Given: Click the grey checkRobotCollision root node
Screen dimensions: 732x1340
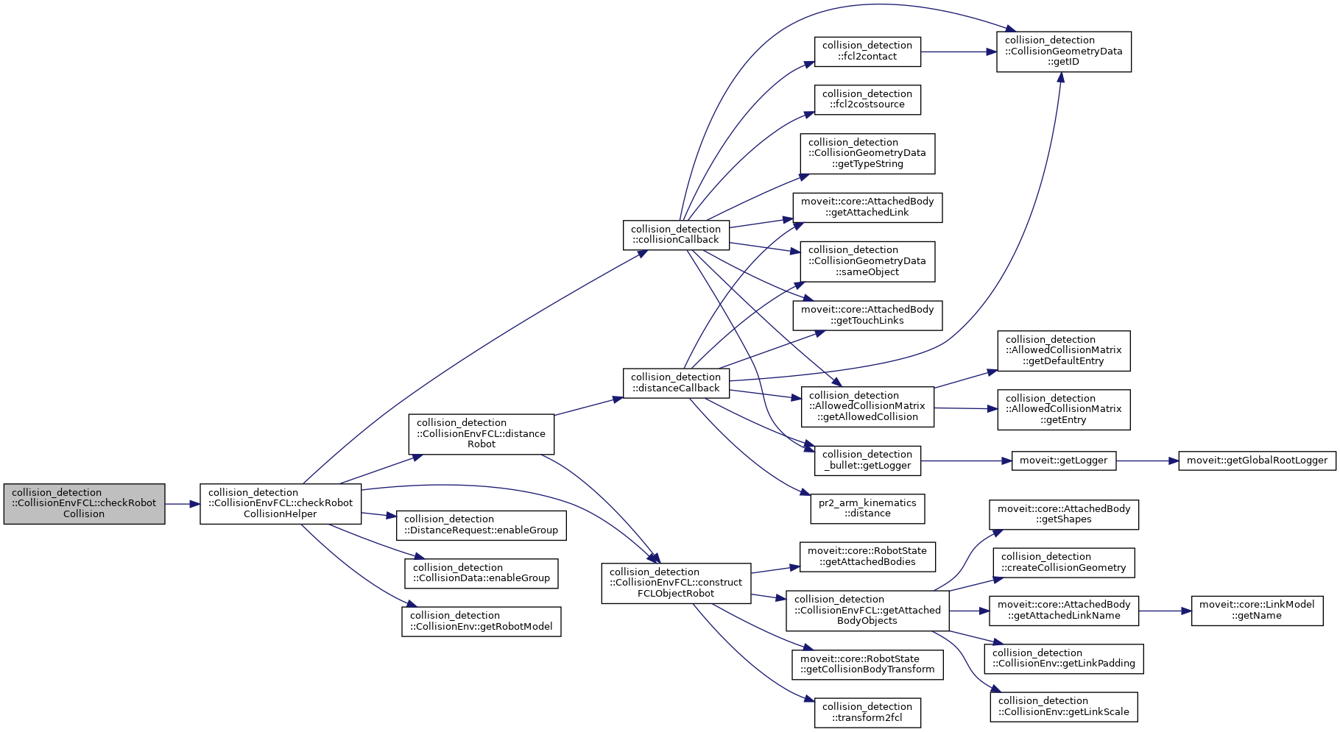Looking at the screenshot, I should (84, 503).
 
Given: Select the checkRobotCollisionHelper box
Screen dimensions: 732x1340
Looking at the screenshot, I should (281, 503).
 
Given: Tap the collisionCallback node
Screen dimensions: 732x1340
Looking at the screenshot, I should (676, 235).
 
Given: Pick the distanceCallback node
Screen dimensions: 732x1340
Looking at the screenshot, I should (676, 383).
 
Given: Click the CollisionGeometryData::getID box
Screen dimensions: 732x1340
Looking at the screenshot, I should (1063, 51).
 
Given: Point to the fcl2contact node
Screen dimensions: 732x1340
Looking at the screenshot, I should (867, 51).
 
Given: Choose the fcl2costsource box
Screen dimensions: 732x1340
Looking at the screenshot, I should (867, 99).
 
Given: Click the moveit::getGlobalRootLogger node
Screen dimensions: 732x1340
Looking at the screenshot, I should (1257, 461).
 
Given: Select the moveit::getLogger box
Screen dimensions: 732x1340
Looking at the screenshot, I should (1064, 461).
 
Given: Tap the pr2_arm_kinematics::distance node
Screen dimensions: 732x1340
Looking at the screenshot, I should (867, 508).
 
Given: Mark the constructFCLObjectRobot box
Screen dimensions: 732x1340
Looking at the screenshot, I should (676, 583).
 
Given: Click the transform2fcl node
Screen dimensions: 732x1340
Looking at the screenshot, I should (867, 712).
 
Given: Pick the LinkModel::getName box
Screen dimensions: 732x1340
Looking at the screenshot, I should (1257, 610).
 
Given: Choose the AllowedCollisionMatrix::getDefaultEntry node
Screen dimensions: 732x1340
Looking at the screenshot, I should (1063, 350).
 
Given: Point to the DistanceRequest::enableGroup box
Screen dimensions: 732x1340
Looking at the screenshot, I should (481, 525).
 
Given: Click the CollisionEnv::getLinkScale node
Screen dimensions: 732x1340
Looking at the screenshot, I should (1063, 706).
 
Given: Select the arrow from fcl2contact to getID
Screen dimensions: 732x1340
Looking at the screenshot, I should (957, 51).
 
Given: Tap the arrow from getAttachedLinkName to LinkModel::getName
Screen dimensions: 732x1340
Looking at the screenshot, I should (1165, 611).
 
